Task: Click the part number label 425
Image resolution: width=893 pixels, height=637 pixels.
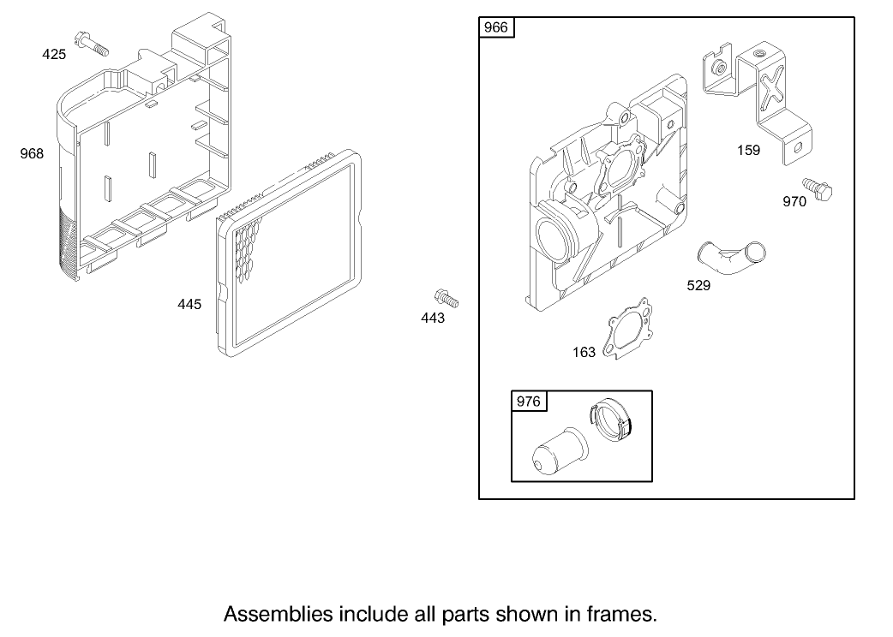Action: point(54,55)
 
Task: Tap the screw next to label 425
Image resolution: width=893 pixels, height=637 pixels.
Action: point(92,45)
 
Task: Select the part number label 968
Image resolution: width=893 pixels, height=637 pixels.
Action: point(32,153)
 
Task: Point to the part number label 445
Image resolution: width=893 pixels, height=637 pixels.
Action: point(189,305)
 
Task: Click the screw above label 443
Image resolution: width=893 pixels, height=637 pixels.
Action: point(446,298)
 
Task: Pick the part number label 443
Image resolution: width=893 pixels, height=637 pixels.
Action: point(433,318)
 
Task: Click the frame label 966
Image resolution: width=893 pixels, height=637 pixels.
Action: point(495,28)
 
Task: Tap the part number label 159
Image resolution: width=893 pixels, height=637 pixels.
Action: point(748,151)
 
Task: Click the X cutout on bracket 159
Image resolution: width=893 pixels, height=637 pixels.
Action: point(772,86)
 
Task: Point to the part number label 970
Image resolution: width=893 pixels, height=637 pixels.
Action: point(794,202)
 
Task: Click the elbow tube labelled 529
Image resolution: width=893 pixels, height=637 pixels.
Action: point(731,257)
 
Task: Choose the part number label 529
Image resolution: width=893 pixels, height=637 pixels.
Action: point(698,285)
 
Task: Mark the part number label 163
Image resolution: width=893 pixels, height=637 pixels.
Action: point(584,353)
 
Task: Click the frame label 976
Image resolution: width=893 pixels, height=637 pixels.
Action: point(528,402)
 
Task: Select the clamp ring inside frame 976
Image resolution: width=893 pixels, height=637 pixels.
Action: point(611,421)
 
